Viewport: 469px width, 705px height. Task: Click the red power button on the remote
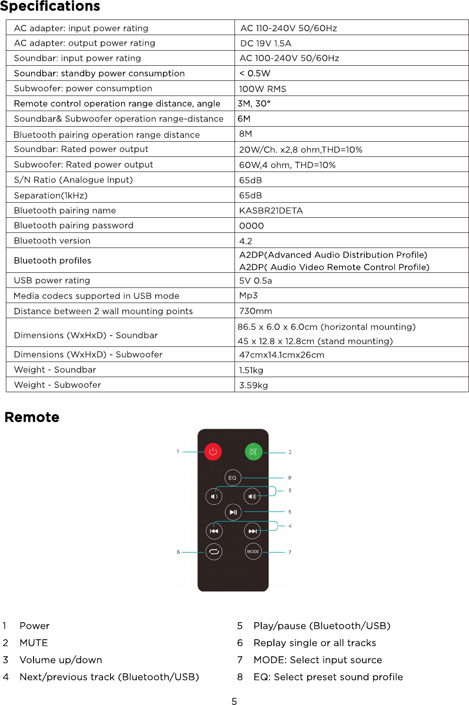click(213, 452)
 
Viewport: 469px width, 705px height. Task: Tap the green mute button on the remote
click(253, 452)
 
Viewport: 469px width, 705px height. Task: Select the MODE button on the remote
click(253, 552)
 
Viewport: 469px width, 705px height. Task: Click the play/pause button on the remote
click(233, 512)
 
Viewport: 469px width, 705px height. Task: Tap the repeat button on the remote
click(214, 552)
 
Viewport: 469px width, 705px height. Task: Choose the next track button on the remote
click(253, 531)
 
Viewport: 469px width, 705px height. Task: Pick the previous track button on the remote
click(214, 531)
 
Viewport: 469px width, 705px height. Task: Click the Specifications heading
click(50, 6)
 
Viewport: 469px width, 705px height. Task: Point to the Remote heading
click(32, 417)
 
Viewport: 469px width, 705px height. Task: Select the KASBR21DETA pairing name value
click(271, 210)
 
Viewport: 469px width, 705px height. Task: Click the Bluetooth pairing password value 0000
click(252, 226)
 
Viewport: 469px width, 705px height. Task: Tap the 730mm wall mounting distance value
click(255, 311)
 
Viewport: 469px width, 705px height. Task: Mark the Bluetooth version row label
click(52, 241)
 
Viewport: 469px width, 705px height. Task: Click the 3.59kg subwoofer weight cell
click(253, 385)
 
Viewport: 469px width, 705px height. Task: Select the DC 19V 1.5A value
click(266, 43)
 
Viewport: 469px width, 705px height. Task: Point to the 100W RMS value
click(262, 89)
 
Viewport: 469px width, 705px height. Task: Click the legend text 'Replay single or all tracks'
click(314, 643)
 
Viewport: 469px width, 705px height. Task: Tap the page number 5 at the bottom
click(234, 701)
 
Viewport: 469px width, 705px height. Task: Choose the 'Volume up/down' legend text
click(61, 660)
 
